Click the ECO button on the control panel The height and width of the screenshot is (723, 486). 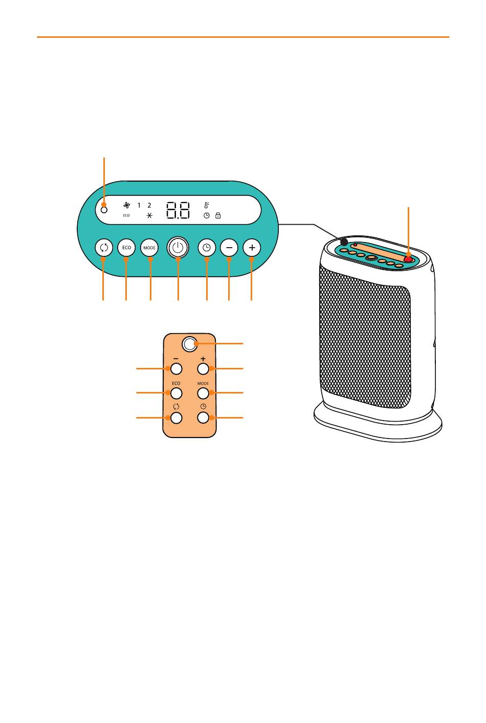tap(126, 248)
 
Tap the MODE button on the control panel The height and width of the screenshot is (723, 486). tap(149, 248)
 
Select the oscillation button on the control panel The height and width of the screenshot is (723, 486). tap(103, 248)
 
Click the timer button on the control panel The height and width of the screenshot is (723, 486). tap(207, 248)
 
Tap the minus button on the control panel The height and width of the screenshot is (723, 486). tap(229, 248)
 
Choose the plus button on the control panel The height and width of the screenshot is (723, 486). tap(252, 248)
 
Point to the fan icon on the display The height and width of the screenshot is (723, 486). tap(126, 205)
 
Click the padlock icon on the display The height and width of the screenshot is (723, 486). tap(218, 215)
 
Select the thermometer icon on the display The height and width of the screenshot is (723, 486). tap(207, 205)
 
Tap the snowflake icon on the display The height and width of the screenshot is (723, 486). tap(149, 215)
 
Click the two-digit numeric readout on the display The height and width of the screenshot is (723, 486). tap(178, 210)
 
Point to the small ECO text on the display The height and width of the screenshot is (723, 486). tap(126, 215)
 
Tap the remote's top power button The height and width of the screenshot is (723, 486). tap(189, 344)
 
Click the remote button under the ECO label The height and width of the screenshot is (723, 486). tap(176, 393)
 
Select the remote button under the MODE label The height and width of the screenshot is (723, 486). tap(203, 393)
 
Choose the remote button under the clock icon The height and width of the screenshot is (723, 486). tap(203, 418)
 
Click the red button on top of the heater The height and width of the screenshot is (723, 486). tap(408, 258)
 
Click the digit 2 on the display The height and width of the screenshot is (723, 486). tap(149, 205)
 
